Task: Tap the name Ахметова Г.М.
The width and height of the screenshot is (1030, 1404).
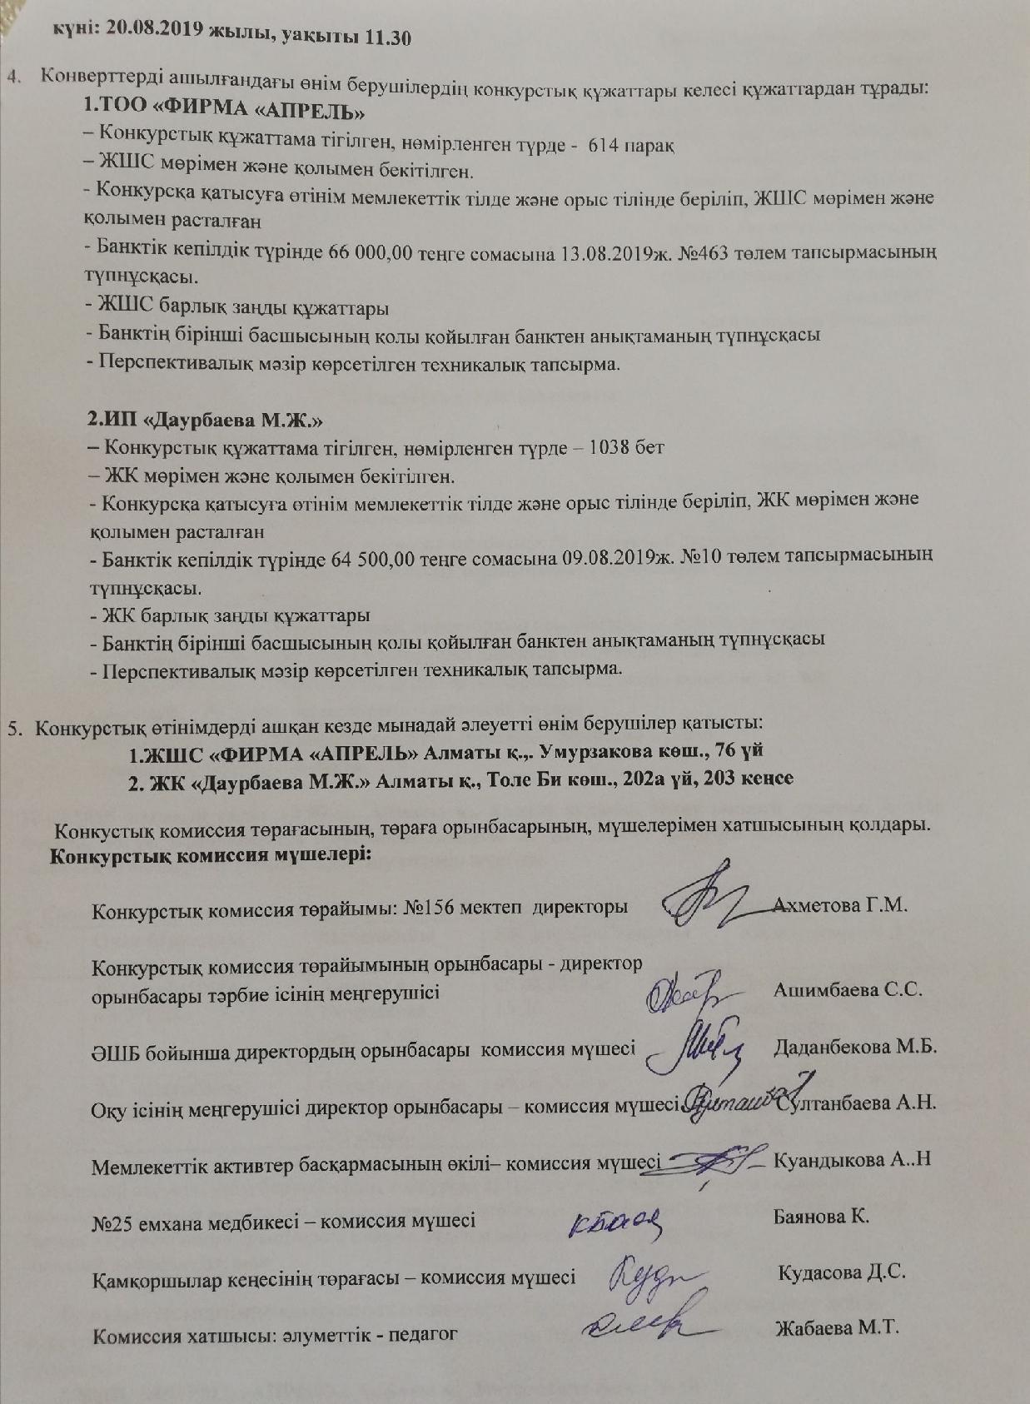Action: coord(839,905)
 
